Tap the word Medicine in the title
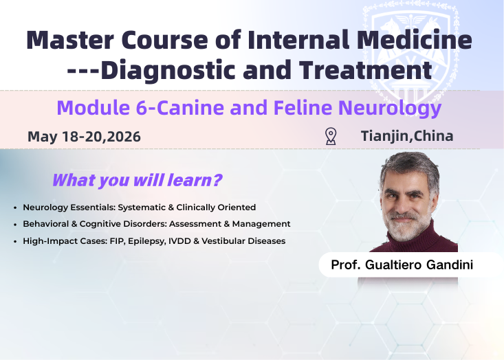(419, 40)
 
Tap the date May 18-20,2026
(84, 137)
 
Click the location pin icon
(331, 136)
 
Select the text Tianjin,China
(407, 136)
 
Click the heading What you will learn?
(137, 181)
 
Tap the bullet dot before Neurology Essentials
(15, 207)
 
